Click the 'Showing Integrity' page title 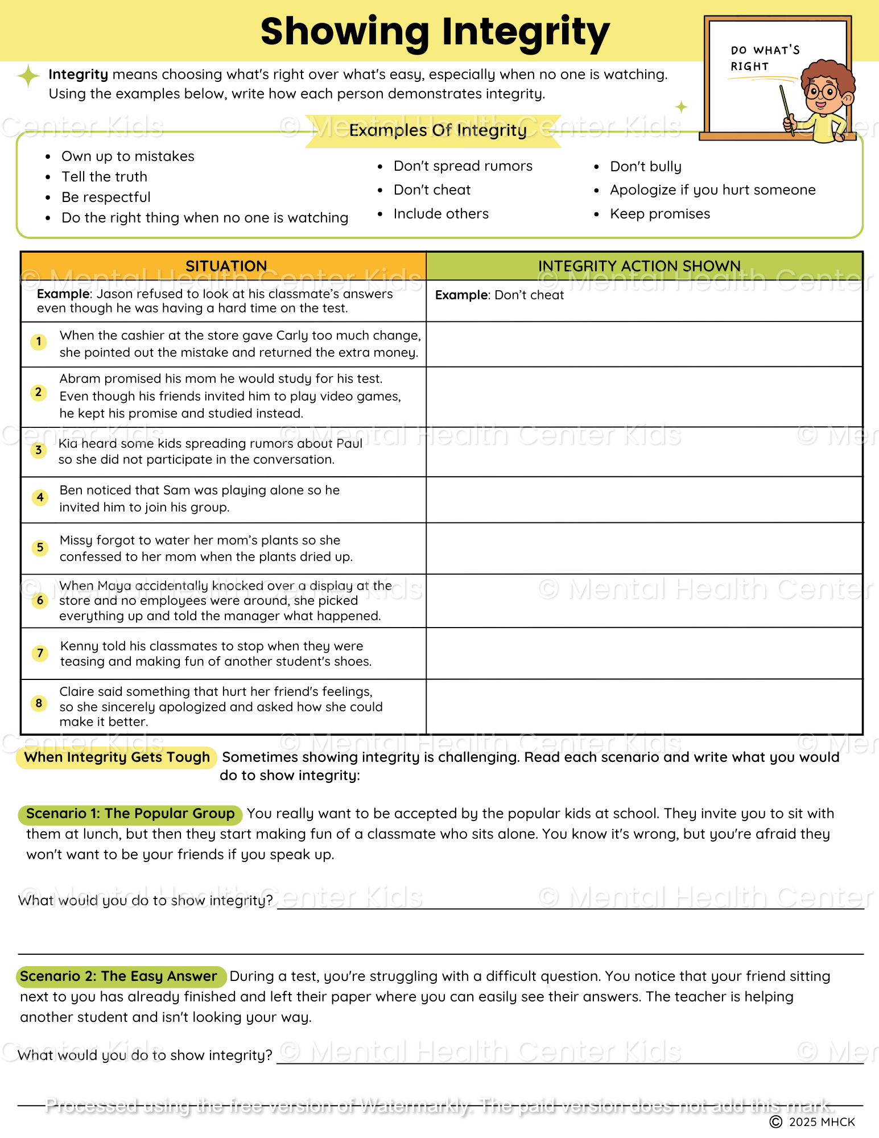[435, 32]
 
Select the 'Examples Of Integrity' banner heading [438, 130]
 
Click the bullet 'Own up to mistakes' [127, 156]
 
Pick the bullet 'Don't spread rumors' [463, 166]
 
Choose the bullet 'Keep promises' [659, 214]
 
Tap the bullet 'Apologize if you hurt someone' [712, 190]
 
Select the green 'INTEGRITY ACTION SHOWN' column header [639, 266]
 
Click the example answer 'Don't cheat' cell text [500, 295]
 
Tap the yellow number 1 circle [39, 342]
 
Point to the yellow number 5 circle [40, 548]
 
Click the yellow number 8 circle [39, 703]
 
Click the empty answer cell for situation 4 [644, 500]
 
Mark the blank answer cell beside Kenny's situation [644, 653]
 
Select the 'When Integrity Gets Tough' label [117, 757]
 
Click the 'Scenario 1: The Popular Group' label [130, 814]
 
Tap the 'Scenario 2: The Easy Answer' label [119, 976]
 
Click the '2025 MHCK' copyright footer [814, 1122]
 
